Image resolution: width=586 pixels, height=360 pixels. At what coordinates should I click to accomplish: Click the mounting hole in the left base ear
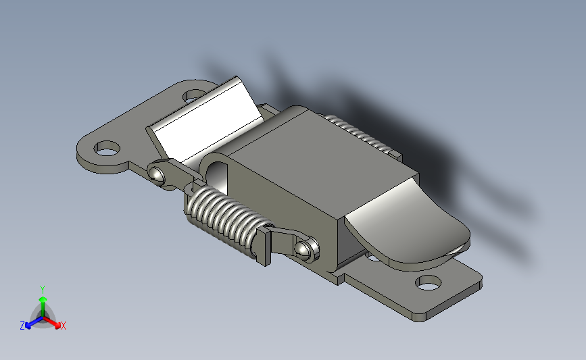click(107, 149)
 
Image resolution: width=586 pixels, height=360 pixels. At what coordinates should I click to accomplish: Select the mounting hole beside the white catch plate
click(193, 97)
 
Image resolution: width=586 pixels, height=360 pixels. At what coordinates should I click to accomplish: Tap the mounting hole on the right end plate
click(429, 283)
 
